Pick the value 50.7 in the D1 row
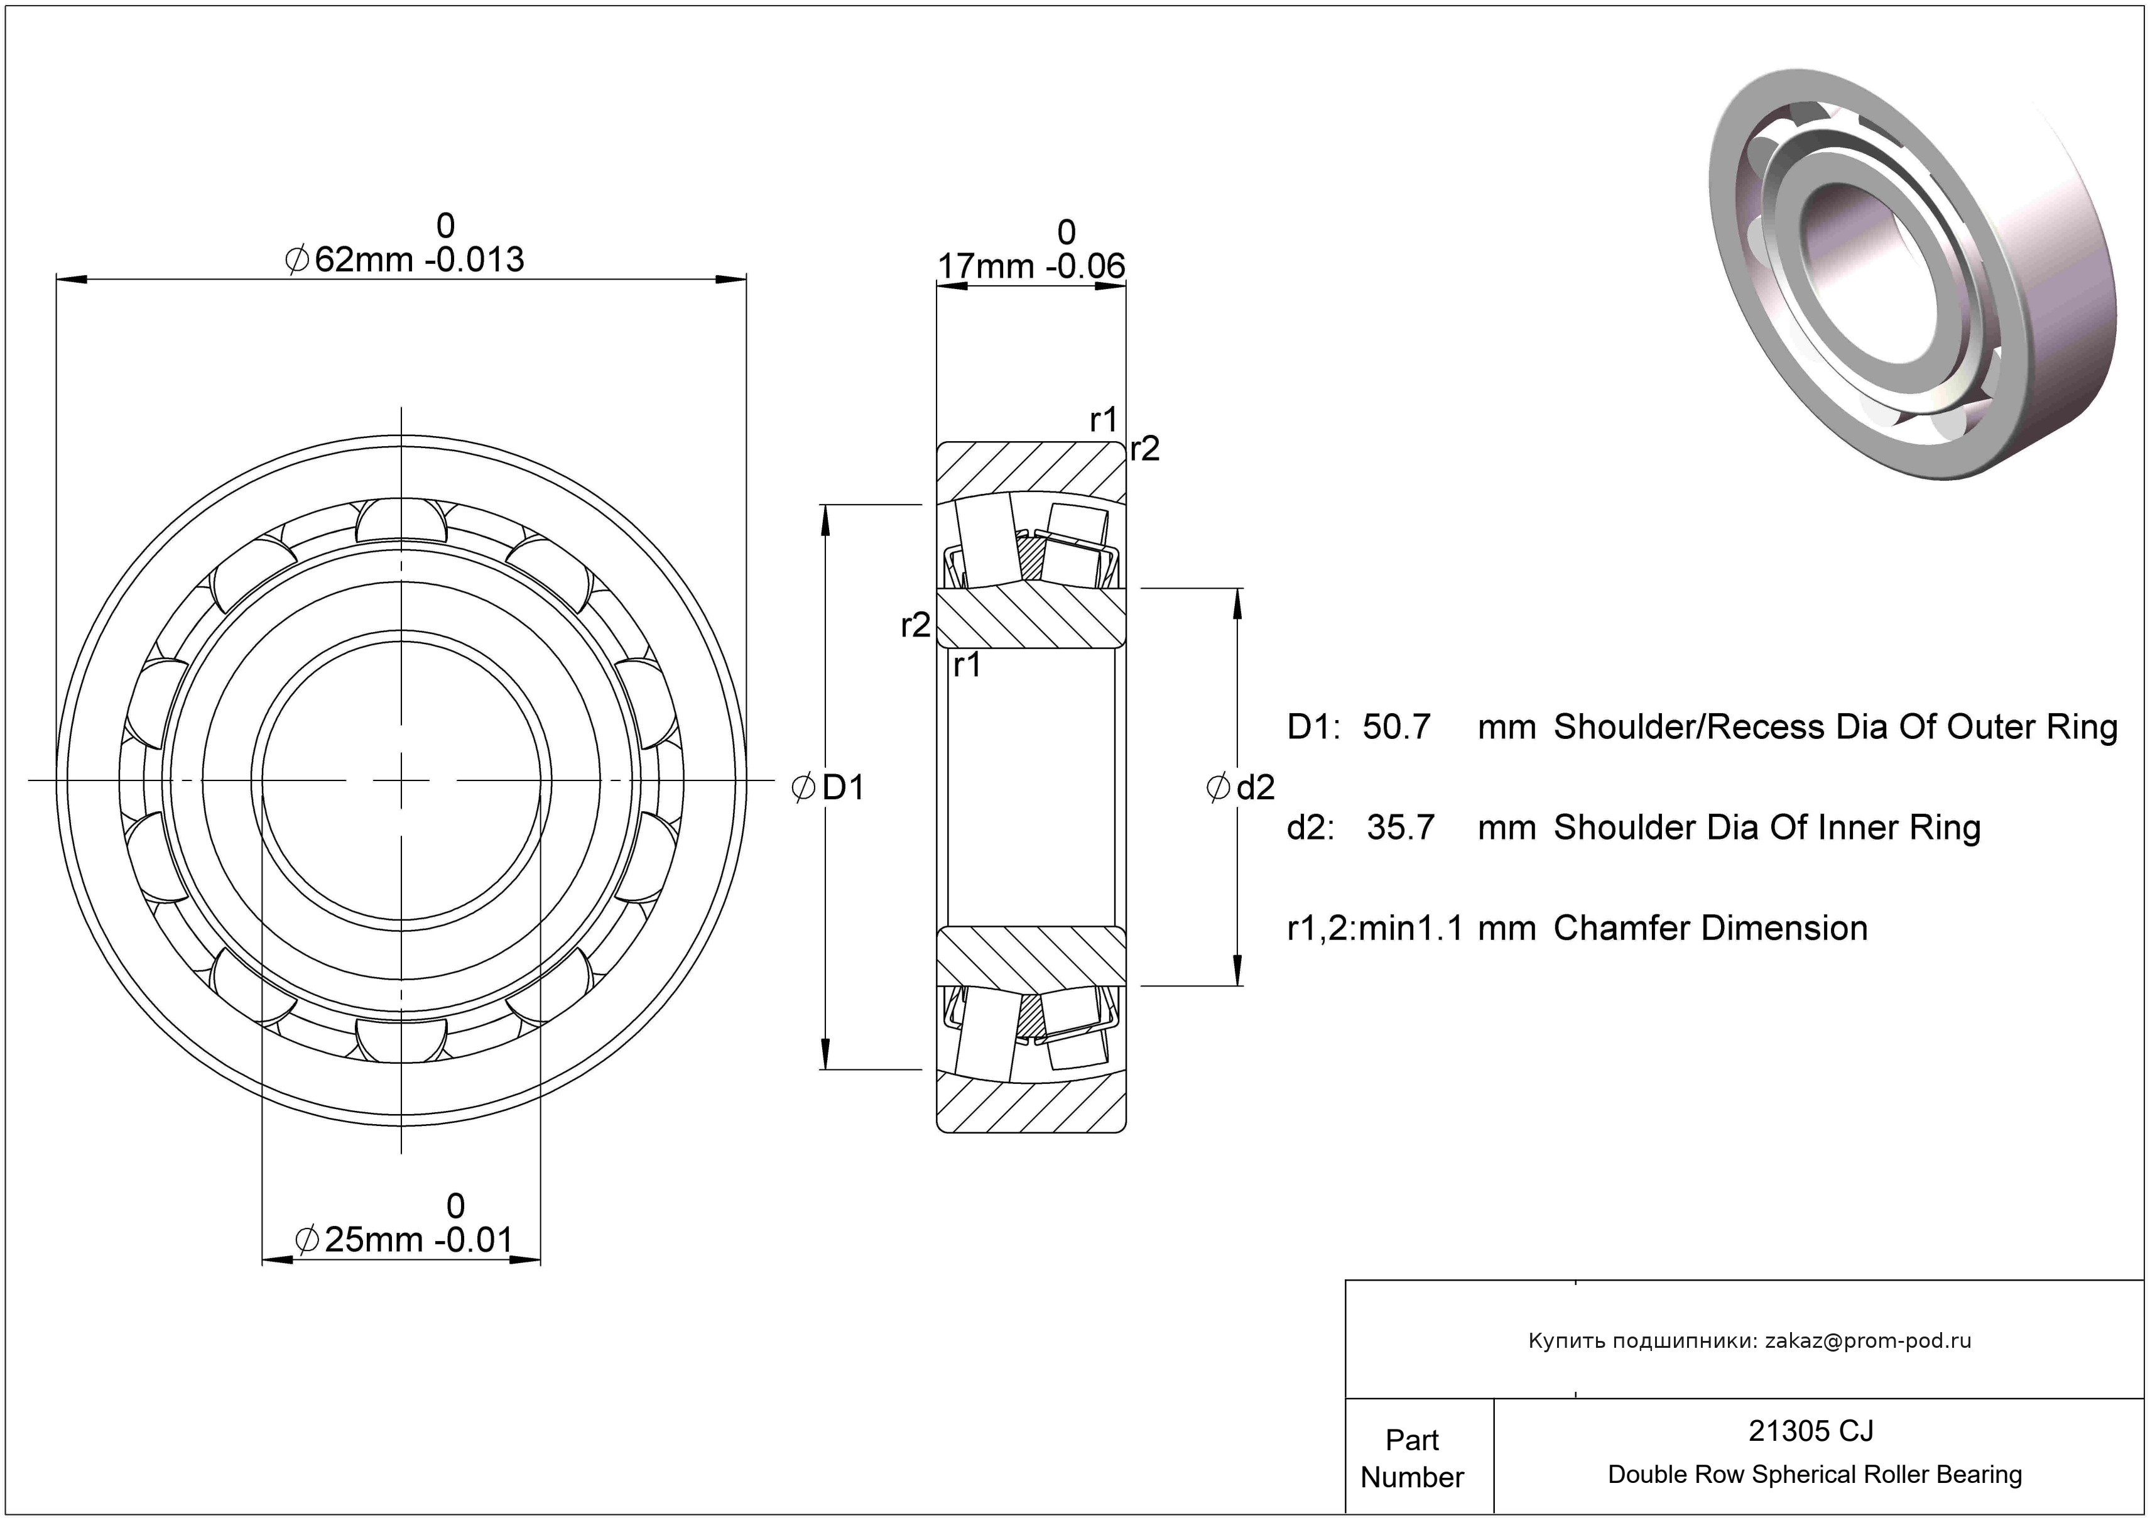point(1396,728)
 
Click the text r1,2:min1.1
point(1375,928)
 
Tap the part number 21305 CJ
point(1811,1431)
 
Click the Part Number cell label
point(1412,1458)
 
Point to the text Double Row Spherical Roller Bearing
point(1815,1475)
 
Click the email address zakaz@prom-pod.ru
point(1868,1341)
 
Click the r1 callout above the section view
point(1103,420)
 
